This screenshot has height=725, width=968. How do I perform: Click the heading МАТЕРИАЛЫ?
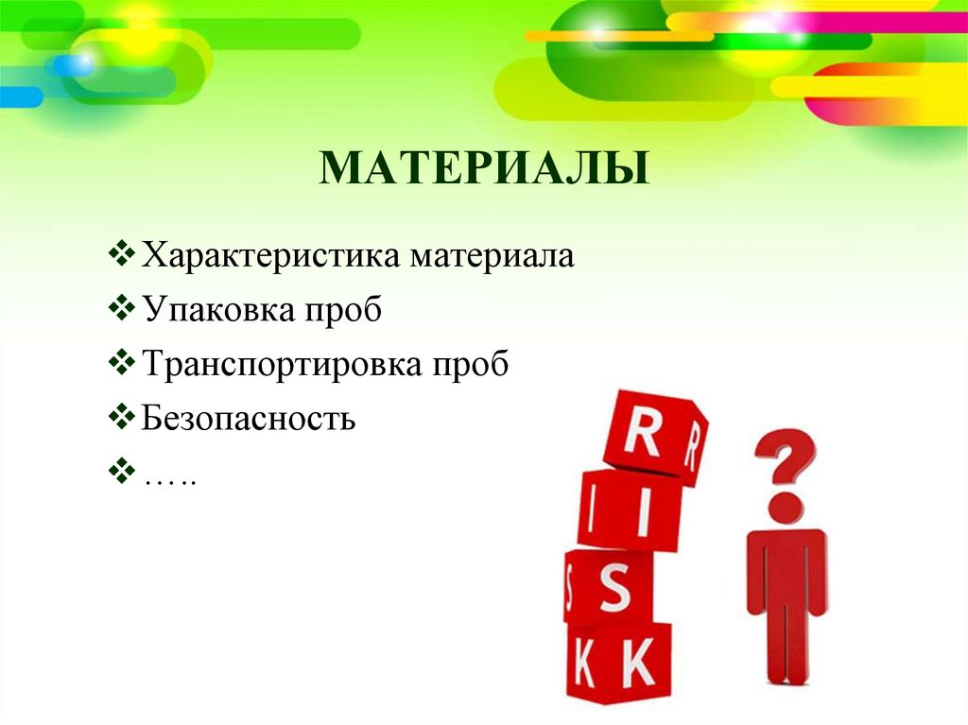(484, 167)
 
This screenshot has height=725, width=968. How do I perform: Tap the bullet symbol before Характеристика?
(123, 255)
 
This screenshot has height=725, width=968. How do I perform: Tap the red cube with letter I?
(630, 510)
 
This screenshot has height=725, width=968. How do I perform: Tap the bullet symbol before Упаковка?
(123, 309)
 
